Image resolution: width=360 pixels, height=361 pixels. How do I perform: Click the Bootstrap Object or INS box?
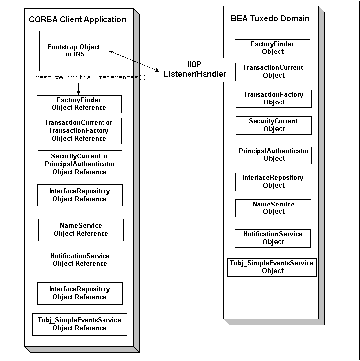pyautogui.click(x=74, y=51)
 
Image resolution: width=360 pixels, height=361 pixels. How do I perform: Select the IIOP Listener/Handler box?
pyautogui.click(x=195, y=70)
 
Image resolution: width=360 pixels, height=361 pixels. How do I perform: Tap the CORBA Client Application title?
pyautogui.click(x=78, y=20)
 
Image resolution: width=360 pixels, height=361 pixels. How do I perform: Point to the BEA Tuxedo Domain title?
pyautogui.click(x=270, y=19)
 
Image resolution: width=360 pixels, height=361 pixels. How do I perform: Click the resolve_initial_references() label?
pyautogui.click(x=91, y=78)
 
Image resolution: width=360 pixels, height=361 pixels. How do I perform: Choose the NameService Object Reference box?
pyautogui.click(x=81, y=230)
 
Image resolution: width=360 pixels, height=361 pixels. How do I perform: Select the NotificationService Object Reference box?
pyautogui.click(x=80, y=260)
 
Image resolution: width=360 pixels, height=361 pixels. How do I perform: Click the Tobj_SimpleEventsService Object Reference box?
pyautogui.click(x=80, y=324)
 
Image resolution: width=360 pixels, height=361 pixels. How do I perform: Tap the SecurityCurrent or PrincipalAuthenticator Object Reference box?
pyautogui.click(x=80, y=164)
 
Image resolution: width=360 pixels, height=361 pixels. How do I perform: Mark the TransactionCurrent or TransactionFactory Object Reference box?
pyautogui.click(x=79, y=131)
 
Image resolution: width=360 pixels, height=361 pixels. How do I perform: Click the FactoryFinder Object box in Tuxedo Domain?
pyautogui.click(x=273, y=48)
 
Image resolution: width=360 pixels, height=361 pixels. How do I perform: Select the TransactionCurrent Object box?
pyautogui.click(x=273, y=72)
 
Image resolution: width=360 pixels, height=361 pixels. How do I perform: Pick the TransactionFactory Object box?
pyautogui.click(x=274, y=99)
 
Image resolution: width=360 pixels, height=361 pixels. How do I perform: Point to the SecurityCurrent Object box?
pyautogui.click(x=274, y=125)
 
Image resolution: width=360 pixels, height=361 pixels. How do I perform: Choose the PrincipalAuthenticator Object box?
pyautogui.click(x=274, y=155)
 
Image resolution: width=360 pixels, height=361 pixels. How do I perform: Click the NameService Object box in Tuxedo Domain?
pyautogui.click(x=273, y=208)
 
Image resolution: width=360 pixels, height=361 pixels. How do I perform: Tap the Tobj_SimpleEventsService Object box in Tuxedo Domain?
pyautogui.click(x=272, y=267)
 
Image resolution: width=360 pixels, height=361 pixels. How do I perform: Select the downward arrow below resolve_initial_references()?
pyautogui.click(x=78, y=88)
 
